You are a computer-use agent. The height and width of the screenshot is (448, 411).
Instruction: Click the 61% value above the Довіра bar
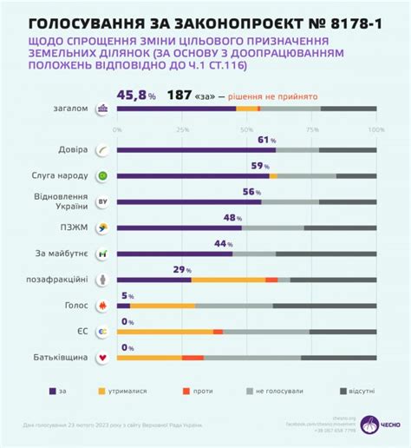tap(268, 139)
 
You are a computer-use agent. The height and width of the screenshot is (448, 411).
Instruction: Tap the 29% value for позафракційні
tap(182, 269)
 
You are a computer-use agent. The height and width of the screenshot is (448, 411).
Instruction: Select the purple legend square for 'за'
tap(52, 391)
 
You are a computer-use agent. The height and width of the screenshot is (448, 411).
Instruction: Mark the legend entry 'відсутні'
tap(356, 391)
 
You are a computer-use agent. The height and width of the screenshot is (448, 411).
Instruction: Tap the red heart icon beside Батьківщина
tap(103, 358)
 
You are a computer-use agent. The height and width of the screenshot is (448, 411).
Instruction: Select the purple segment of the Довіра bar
tap(196, 150)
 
